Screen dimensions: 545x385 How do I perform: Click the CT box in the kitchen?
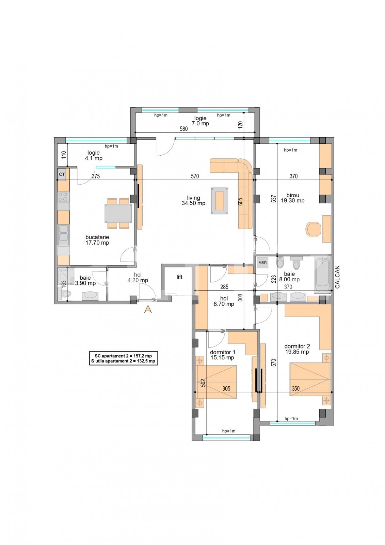[x=62, y=174]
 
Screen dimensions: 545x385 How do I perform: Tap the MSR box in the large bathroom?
[x=262, y=263]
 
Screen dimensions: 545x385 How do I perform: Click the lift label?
[x=179, y=277]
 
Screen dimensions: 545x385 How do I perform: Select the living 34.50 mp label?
[x=193, y=201]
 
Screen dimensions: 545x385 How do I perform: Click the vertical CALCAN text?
[x=337, y=277]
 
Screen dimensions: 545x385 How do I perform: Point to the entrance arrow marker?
[x=148, y=309]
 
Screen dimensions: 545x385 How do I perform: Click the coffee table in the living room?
[x=220, y=201]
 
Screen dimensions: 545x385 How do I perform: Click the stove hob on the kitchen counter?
[x=63, y=197]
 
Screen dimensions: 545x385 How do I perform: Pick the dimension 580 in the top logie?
[x=184, y=129]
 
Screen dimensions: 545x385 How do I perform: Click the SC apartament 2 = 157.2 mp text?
[x=123, y=355]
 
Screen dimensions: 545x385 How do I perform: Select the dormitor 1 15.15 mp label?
[x=222, y=355]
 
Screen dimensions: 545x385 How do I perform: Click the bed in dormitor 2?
[x=310, y=379]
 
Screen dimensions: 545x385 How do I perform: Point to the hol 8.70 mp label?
[x=224, y=301]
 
